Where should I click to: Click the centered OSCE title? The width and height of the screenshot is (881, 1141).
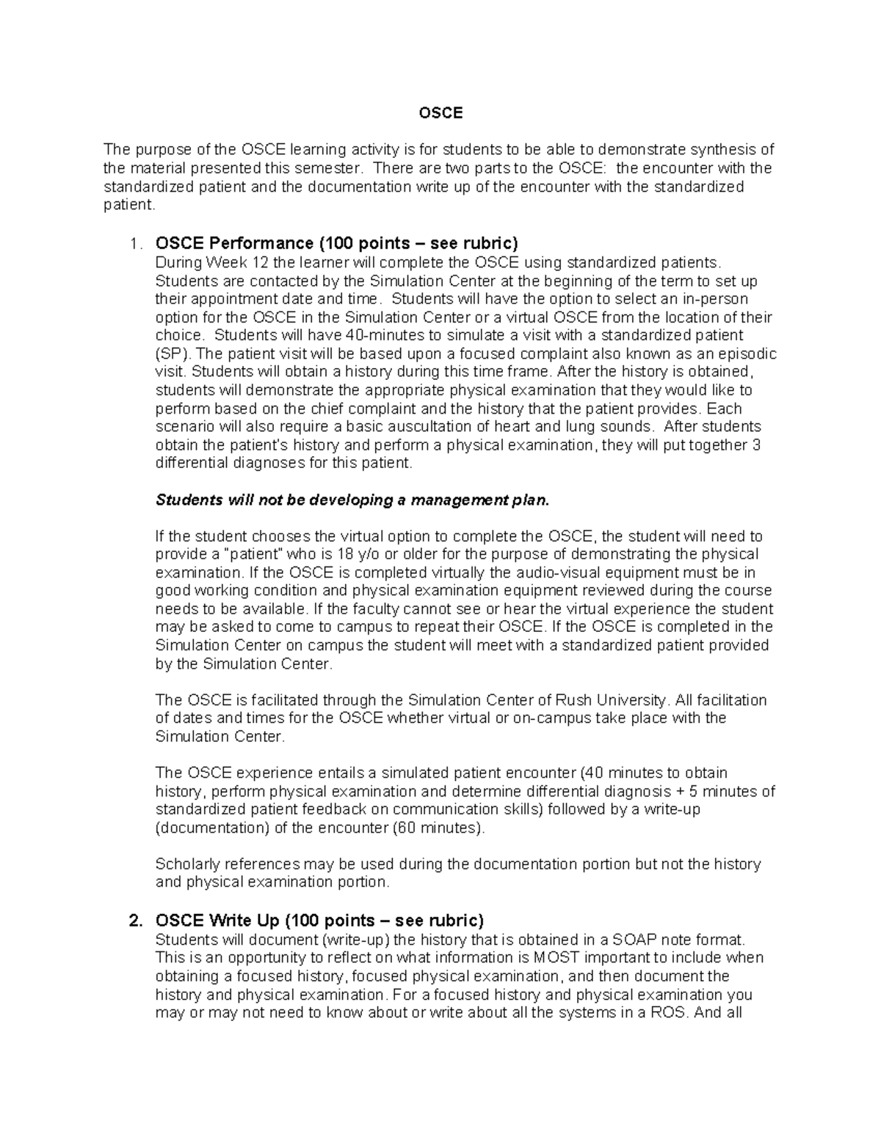(440, 113)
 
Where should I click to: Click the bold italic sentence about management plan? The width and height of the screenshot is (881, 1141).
(352, 500)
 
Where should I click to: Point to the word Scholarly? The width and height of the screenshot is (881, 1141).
(186, 864)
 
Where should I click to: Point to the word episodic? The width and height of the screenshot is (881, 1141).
(750, 354)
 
